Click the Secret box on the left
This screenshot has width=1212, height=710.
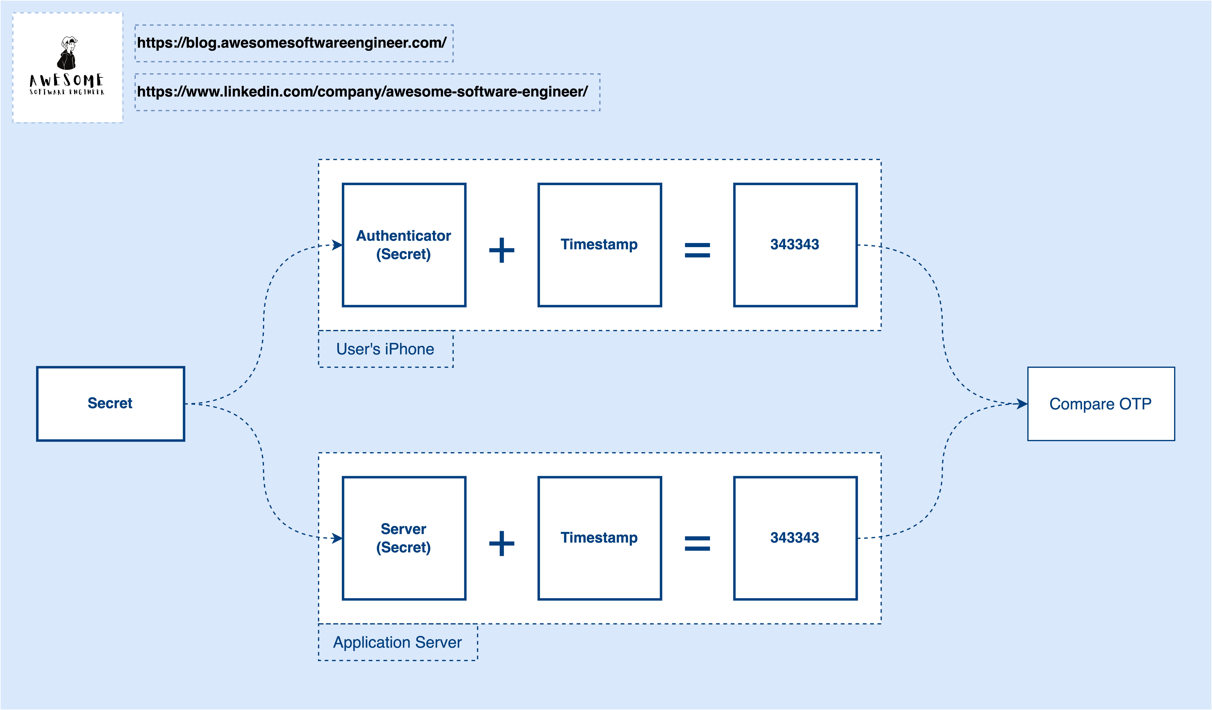(110, 403)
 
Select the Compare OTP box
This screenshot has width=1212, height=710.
(1100, 404)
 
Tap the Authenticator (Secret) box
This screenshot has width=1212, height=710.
(404, 245)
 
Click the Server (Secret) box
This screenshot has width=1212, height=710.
(404, 538)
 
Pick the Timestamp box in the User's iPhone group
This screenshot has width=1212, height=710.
(599, 245)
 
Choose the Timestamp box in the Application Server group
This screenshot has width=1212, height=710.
(599, 538)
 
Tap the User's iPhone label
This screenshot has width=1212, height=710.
(385, 349)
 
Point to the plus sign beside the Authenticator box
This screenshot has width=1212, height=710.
(502, 250)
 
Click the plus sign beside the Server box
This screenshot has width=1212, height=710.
(502, 543)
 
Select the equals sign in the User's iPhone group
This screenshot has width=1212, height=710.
(697, 250)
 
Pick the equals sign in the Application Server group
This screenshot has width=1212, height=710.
(697, 543)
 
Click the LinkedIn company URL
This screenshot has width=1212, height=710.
(362, 91)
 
